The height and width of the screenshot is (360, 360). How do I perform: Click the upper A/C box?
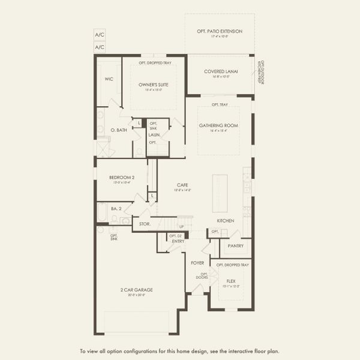coord(100,35)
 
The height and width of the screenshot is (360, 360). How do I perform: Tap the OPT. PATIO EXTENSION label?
coord(220,31)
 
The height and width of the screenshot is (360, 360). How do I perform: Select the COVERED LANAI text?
coord(221,71)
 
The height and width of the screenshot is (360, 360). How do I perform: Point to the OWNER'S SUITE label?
coord(153,85)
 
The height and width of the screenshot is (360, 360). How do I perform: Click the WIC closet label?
coord(109,79)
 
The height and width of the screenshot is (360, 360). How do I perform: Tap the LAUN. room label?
coord(154,135)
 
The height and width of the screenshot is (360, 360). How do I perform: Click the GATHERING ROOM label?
coord(219,125)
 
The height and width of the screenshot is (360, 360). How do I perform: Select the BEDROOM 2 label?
coord(122,178)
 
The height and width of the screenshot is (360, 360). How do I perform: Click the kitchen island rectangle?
coord(220,192)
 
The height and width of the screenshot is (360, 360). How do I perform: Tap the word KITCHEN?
coord(225,221)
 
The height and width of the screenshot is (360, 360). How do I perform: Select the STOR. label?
coord(144,224)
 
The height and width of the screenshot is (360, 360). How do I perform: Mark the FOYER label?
coord(197,262)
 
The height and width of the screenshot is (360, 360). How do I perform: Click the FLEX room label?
coord(231,281)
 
